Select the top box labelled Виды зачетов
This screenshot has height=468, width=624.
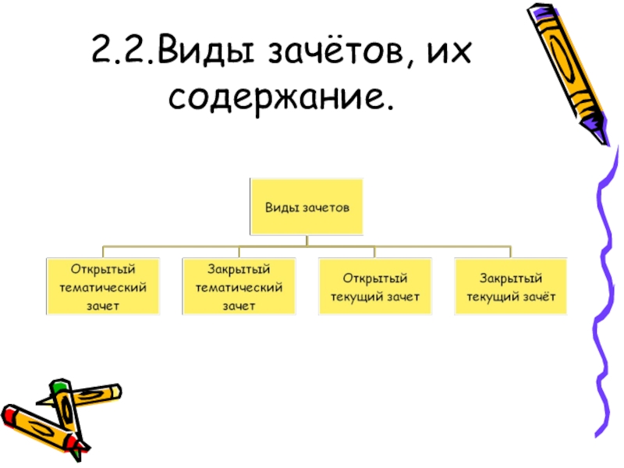(306, 207)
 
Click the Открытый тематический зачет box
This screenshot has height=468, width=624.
(104, 287)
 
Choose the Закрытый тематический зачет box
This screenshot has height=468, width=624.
(239, 287)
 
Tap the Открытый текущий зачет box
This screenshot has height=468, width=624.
(375, 287)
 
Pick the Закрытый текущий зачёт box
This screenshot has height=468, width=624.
(510, 287)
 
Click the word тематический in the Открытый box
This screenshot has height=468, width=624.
(104, 287)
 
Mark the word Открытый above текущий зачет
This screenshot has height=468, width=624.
(375, 278)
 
